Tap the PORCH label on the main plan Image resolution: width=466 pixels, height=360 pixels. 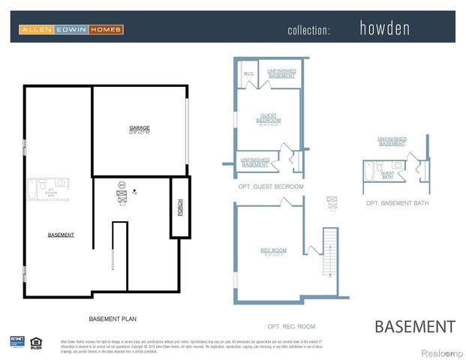[x=180, y=207]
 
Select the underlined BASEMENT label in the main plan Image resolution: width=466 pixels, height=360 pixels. [x=61, y=235]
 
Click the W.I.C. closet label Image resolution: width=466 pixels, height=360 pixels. [x=248, y=73]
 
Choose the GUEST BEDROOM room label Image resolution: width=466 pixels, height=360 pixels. [x=268, y=118]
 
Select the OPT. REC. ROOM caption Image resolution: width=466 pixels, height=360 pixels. [x=291, y=326]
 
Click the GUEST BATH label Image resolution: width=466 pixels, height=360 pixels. [x=387, y=175]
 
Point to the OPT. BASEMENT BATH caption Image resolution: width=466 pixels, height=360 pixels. [x=397, y=203]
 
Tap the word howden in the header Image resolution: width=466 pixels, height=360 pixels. [x=385, y=29]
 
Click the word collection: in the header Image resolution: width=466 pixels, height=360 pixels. [x=308, y=30]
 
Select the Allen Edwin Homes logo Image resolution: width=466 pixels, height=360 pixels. [x=71, y=29]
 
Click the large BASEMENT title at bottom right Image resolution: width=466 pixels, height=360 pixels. [x=414, y=326]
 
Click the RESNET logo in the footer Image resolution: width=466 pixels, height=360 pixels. [x=17, y=341]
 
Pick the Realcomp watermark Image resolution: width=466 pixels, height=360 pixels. [x=441, y=352]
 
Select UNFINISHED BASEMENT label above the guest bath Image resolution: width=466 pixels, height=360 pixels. [x=392, y=141]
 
